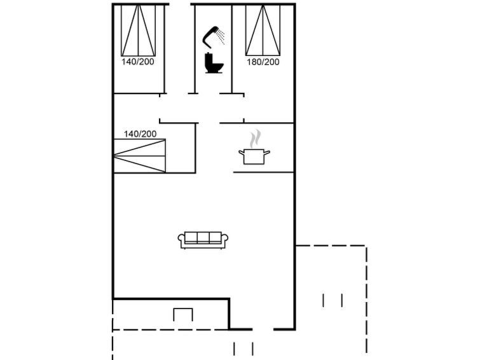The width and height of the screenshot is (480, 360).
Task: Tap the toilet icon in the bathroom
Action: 214,63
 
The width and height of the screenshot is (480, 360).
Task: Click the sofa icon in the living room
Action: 203,240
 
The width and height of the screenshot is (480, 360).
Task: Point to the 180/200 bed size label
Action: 263,62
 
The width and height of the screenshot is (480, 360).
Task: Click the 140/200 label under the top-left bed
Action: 138,62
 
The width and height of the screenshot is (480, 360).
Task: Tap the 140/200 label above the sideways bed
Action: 141,134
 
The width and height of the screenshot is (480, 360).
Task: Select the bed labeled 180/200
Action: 263,30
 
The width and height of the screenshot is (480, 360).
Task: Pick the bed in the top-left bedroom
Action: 138,30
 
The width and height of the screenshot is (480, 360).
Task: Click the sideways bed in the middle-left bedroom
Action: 140,156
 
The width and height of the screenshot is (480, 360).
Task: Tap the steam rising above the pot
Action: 255,139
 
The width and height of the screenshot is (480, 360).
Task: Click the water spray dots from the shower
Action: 221,36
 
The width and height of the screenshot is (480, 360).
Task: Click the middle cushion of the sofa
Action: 203,237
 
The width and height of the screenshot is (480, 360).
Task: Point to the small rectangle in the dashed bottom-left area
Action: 183,315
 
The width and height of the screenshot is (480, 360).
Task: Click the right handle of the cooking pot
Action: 267,152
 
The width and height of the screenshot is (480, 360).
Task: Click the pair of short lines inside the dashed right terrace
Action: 333,300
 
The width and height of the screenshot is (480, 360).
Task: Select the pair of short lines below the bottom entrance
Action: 243,349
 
